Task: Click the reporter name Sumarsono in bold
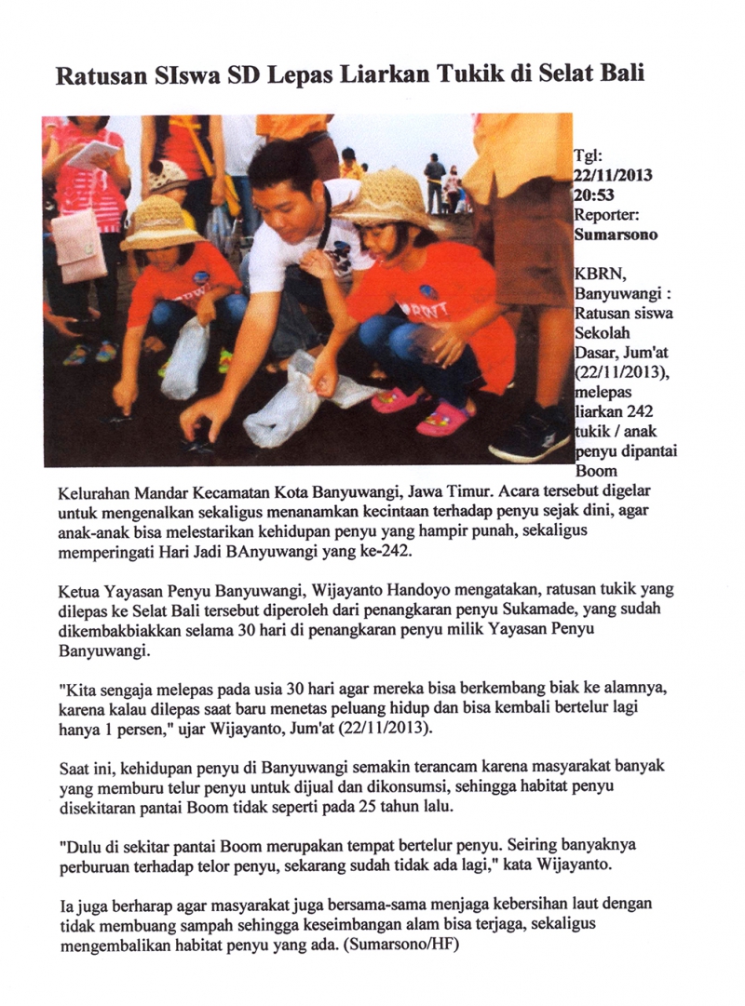point(616,235)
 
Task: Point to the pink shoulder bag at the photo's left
point(78,244)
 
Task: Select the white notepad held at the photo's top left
point(93,154)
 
